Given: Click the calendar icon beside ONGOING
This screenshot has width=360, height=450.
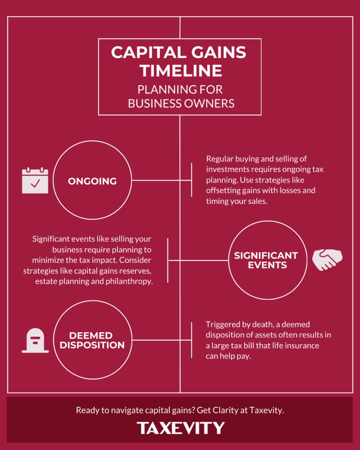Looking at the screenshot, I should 35,180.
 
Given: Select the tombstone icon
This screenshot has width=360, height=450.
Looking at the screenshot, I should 35,341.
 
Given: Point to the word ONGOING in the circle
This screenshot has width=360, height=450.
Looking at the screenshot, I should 92,181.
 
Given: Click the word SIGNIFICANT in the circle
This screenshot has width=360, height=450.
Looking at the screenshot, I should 265,255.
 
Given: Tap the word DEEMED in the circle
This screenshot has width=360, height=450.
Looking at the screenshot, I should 92,336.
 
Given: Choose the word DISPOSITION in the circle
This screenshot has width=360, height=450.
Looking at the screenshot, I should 92,345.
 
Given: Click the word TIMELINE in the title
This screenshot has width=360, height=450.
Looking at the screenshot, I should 179,71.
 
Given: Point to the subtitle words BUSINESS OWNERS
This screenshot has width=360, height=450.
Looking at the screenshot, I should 181,103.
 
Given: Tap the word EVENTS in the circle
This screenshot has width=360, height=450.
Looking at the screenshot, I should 265,265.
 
